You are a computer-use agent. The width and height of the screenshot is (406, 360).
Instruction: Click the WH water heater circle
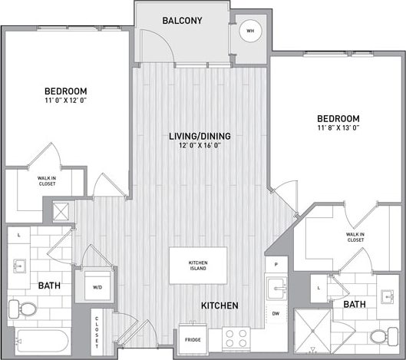[248, 31]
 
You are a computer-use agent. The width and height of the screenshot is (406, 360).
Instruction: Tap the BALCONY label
[182, 21]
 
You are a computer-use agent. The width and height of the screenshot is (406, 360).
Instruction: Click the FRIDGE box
[193, 338]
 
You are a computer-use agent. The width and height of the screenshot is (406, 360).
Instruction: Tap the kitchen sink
[276, 289]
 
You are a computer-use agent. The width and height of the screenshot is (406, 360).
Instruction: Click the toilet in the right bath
[378, 336]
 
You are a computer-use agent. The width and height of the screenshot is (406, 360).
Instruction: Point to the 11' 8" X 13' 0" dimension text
[338, 129]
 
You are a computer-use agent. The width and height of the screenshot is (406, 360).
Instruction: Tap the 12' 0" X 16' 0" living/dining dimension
[200, 146]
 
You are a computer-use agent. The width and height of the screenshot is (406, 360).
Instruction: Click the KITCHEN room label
[220, 306]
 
